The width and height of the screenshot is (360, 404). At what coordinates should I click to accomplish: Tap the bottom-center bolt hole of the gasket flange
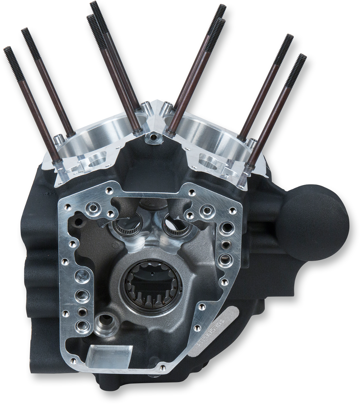pos(162,366)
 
